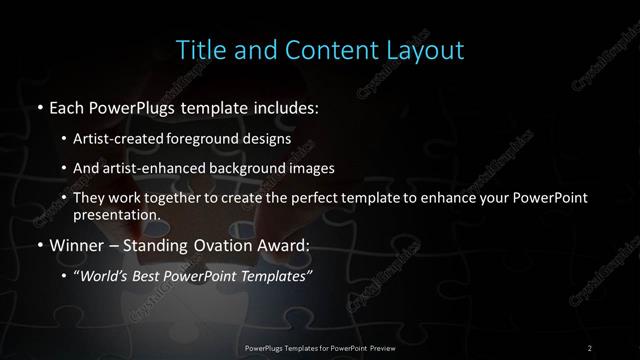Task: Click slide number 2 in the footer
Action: coord(590,347)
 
